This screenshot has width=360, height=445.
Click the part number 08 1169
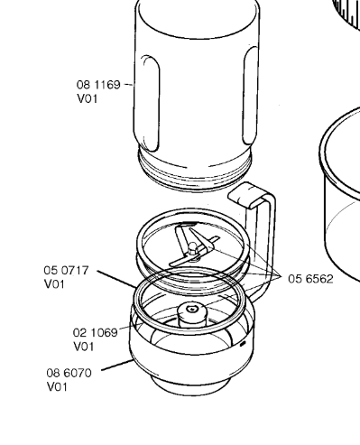(98, 85)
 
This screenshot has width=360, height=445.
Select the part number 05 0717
(66, 270)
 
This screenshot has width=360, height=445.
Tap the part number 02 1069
(95, 333)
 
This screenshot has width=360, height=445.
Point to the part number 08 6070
(69, 373)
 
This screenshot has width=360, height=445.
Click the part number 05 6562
(310, 279)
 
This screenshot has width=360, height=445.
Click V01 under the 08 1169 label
(88, 98)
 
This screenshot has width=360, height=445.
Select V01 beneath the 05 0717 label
(54, 284)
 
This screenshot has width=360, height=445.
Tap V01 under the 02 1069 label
(84, 347)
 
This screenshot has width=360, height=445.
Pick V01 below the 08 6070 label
(57, 387)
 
